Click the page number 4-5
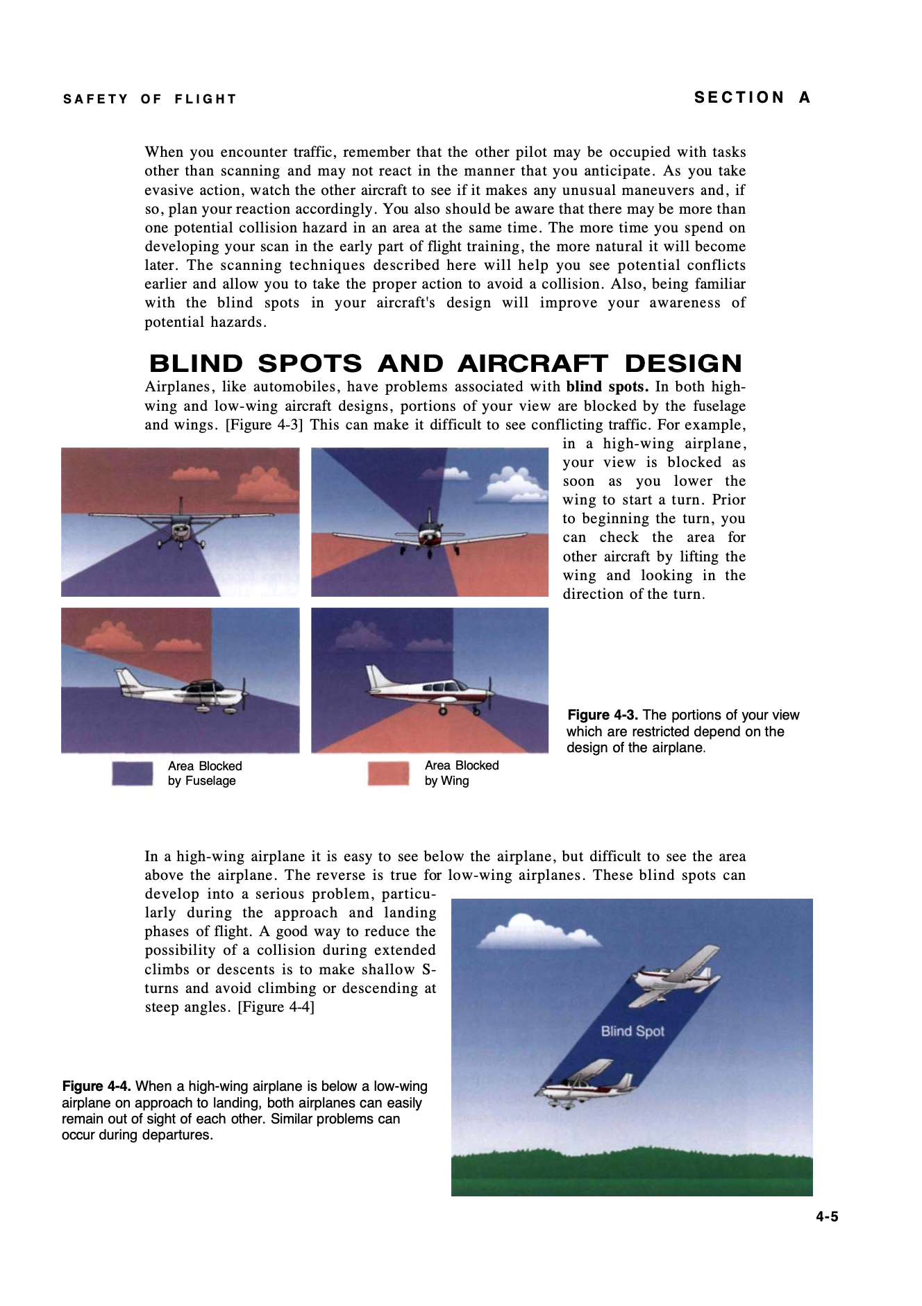point(827,1216)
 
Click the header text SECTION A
point(753,98)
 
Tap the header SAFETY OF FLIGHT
point(150,99)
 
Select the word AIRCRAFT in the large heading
point(532,364)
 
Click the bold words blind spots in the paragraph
point(607,387)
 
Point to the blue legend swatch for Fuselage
point(133,774)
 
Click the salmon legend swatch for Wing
point(388,774)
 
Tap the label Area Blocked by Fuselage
point(205,774)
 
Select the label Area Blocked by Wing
point(462,773)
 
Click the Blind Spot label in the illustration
point(632,1031)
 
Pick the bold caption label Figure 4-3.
point(603,715)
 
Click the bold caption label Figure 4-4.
point(97,1087)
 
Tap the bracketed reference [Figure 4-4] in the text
point(276,1007)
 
